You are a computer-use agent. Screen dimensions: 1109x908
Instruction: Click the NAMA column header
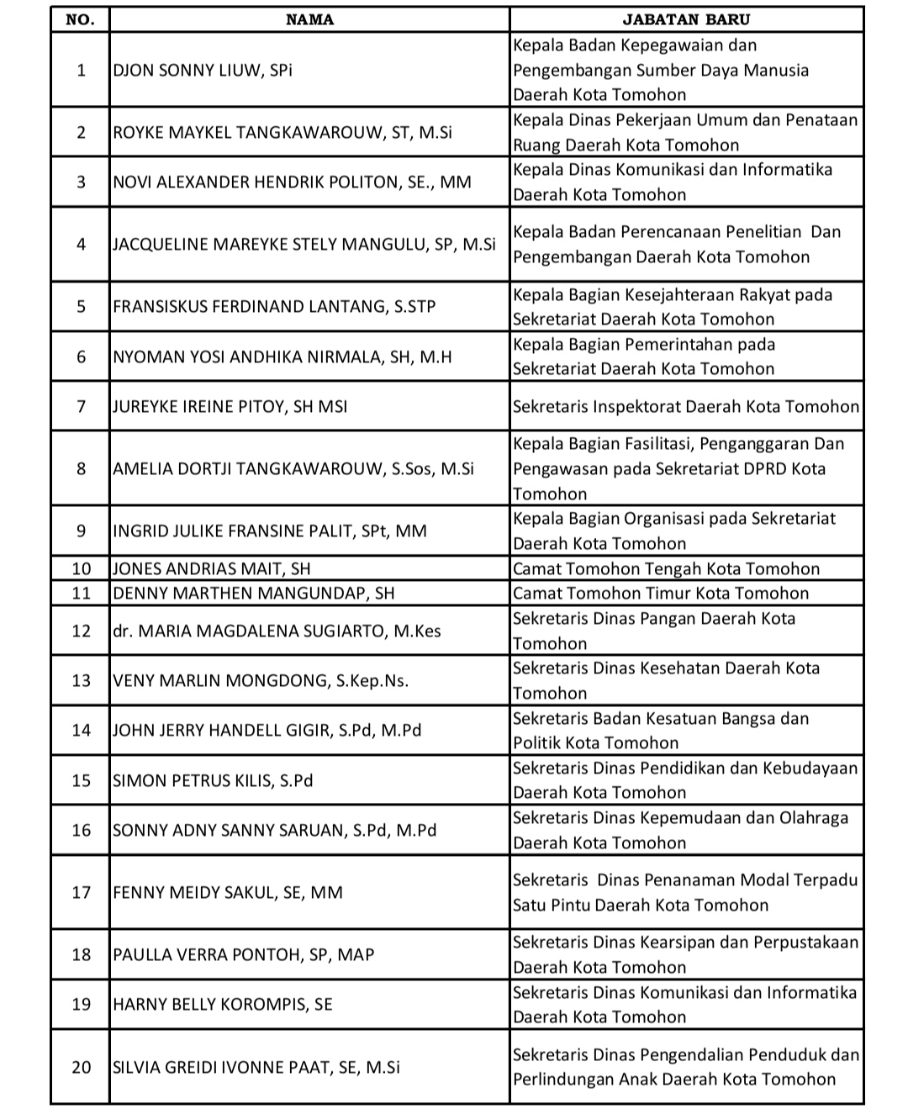(309, 19)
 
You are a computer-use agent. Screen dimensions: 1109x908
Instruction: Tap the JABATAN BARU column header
(686, 19)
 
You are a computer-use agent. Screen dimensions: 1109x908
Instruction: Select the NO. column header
(80, 19)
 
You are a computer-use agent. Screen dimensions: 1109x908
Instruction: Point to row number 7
(81, 406)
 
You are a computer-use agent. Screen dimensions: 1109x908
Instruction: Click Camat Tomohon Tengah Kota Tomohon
(666, 568)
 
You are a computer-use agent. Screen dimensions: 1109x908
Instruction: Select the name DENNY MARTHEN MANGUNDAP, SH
(253, 593)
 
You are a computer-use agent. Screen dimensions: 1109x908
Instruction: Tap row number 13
(81, 680)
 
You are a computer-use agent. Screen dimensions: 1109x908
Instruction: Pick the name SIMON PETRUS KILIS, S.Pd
(213, 780)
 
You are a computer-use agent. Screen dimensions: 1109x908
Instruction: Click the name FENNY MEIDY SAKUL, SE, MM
(228, 892)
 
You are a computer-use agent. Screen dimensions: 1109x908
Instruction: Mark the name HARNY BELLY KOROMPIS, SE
(223, 1004)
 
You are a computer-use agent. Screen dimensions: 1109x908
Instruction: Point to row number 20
(81, 1067)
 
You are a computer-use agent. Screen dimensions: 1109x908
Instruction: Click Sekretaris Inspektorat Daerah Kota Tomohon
(686, 406)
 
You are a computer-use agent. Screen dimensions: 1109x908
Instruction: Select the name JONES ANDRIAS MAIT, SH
(212, 568)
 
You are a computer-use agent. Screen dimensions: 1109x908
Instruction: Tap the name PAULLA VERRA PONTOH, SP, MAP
(244, 954)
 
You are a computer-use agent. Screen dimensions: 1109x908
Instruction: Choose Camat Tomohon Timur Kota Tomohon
(661, 593)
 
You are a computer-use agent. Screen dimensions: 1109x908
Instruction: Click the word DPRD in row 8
(762, 468)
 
